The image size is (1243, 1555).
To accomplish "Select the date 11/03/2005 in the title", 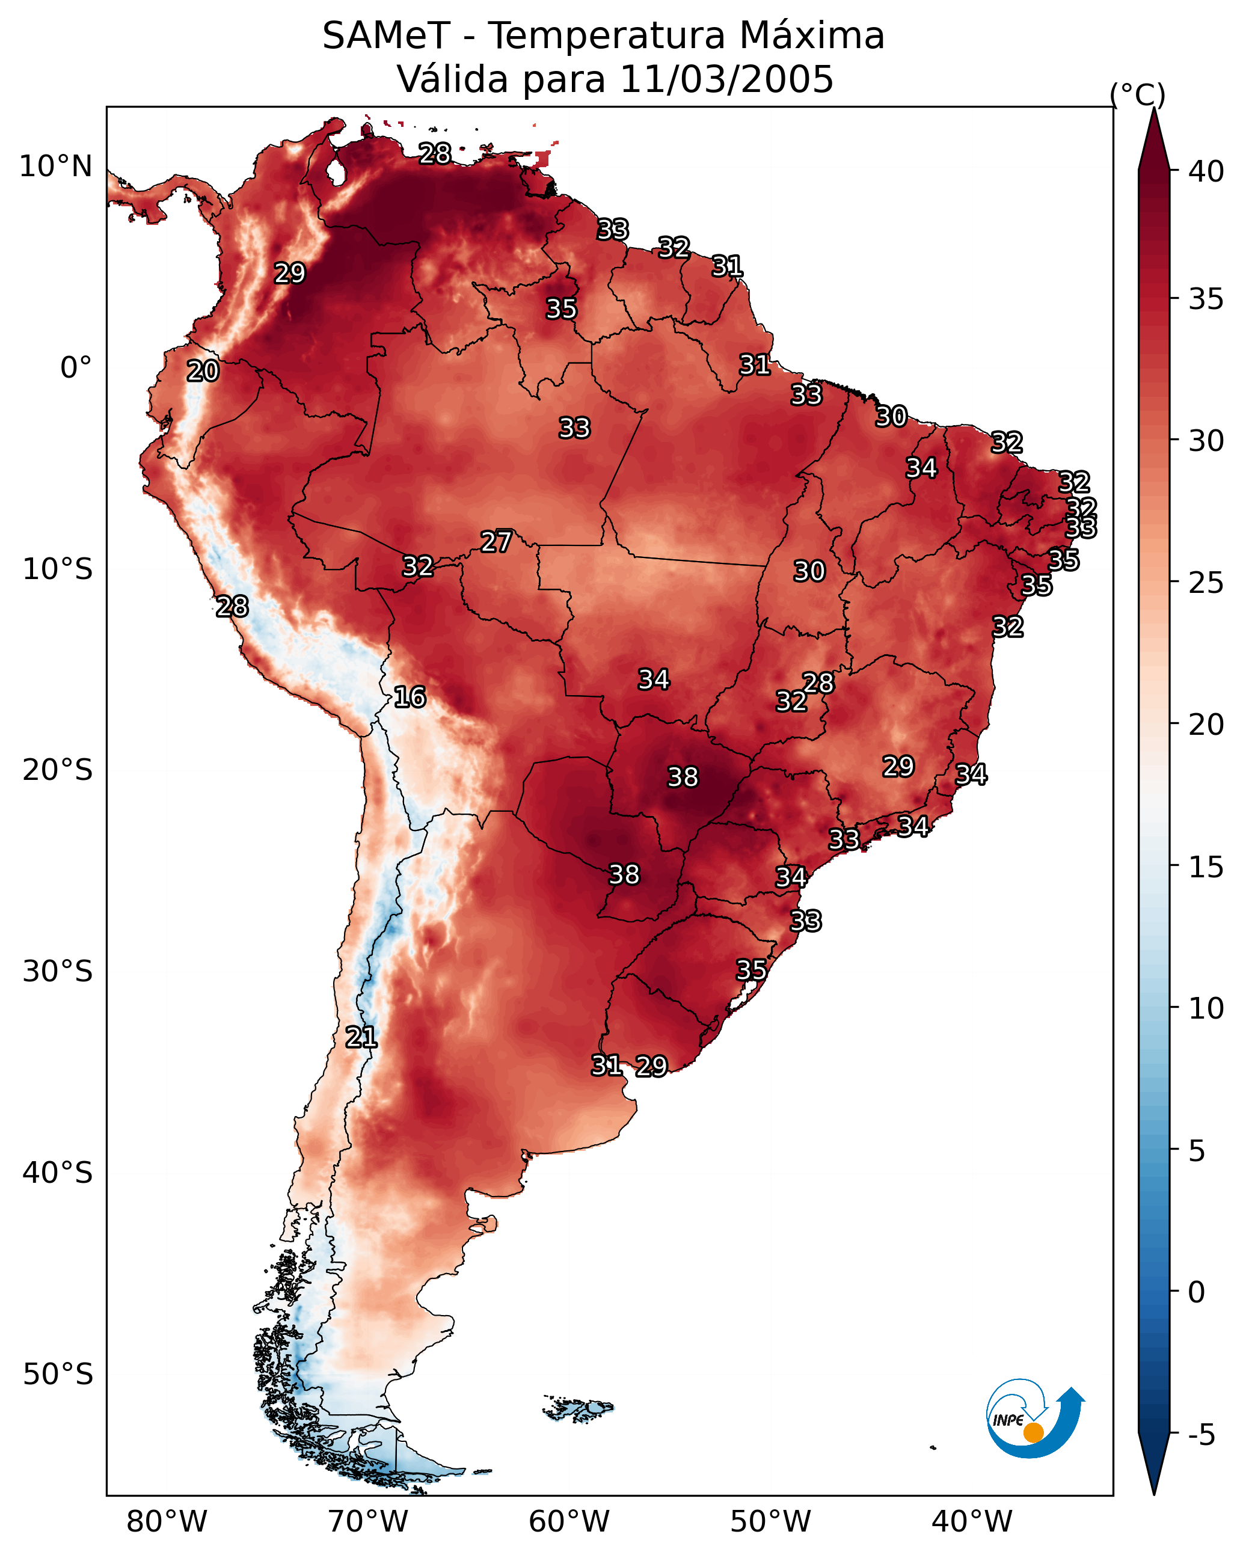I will click(x=726, y=79).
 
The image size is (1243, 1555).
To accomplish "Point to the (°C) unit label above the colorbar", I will click(x=1137, y=94).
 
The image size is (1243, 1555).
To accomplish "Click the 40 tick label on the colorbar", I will click(x=1206, y=171).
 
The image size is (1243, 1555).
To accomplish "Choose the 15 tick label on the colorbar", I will click(x=1206, y=867).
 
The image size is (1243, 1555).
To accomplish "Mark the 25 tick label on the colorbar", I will click(x=1206, y=583).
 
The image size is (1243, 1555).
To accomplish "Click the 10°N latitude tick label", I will click(x=55, y=167).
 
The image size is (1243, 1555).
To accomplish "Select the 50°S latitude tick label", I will click(x=58, y=1375).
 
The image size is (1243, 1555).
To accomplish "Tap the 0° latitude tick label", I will click(x=76, y=368).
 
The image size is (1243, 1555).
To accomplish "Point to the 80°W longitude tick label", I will click(x=167, y=1522).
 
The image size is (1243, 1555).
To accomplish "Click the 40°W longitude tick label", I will click(x=972, y=1522).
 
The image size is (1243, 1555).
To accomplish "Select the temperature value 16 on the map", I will click(x=410, y=697).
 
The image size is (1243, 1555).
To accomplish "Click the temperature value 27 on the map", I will click(x=496, y=542).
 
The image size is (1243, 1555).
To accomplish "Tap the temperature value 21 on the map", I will click(x=361, y=1037).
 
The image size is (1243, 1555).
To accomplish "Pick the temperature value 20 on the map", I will click(x=203, y=371).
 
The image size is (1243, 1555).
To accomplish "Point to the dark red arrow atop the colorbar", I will click(x=1153, y=141).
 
